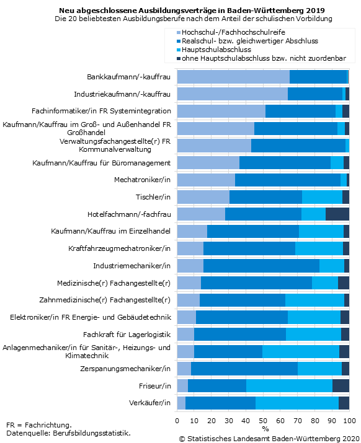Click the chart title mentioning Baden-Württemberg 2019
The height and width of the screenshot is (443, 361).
(x=192, y=11)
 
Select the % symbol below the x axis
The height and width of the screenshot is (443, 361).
(x=265, y=429)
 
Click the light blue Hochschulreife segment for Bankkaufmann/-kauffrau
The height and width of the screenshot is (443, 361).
(x=233, y=77)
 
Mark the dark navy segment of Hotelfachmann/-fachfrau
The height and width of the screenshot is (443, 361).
(x=337, y=214)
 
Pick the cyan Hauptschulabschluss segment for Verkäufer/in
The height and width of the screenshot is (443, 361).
(x=297, y=403)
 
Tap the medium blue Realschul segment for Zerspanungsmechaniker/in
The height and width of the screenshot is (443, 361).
(x=244, y=368)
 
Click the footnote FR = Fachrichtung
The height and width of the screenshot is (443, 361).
(x=38, y=425)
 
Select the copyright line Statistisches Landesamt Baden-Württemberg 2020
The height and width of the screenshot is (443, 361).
(x=269, y=438)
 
